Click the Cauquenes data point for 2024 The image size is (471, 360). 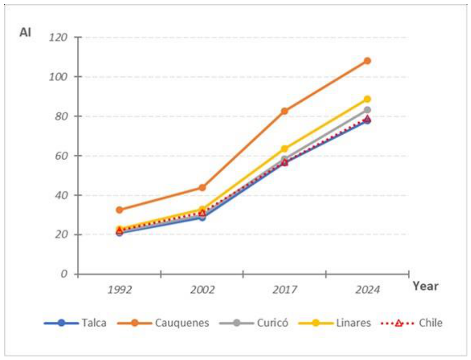[367, 61]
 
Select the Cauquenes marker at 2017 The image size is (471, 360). [285, 111]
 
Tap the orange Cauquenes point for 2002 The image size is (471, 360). [202, 188]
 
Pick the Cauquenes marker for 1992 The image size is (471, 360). [120, 210]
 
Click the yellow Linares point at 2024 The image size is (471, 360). [367, 99]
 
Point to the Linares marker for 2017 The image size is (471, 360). [285, 148]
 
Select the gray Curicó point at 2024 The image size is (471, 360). [367, 110]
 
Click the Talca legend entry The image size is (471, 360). [75, 323]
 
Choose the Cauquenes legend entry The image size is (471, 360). [163, 323]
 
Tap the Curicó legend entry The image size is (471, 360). [254, 323]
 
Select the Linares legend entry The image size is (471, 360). [335, 323]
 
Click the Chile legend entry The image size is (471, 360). [411, 323]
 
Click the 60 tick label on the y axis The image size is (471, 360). [61, 156]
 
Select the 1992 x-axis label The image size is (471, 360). [120, 290]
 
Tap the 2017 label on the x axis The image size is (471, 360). [285, 290]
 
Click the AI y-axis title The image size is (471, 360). [25, 32]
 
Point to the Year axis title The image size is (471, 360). [426, 286]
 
